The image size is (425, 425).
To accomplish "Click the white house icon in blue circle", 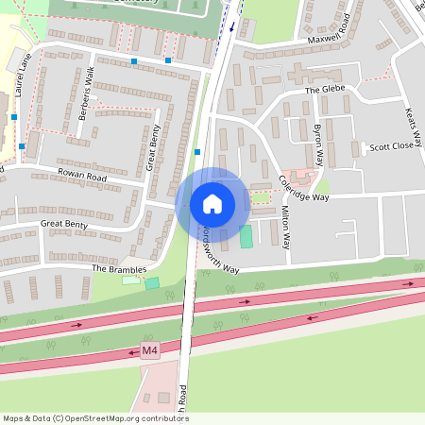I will click(212, 203).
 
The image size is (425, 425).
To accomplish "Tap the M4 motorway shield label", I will click(148, 351).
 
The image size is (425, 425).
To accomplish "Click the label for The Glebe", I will click(326, 90).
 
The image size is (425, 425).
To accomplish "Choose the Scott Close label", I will click(391, 146).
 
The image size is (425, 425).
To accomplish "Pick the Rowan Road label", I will click(82, 177).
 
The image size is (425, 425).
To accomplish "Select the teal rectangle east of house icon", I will click(246, 237).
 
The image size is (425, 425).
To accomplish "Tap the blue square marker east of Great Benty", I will click(196, 151).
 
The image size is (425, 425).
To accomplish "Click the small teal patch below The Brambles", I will click(152, 282).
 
